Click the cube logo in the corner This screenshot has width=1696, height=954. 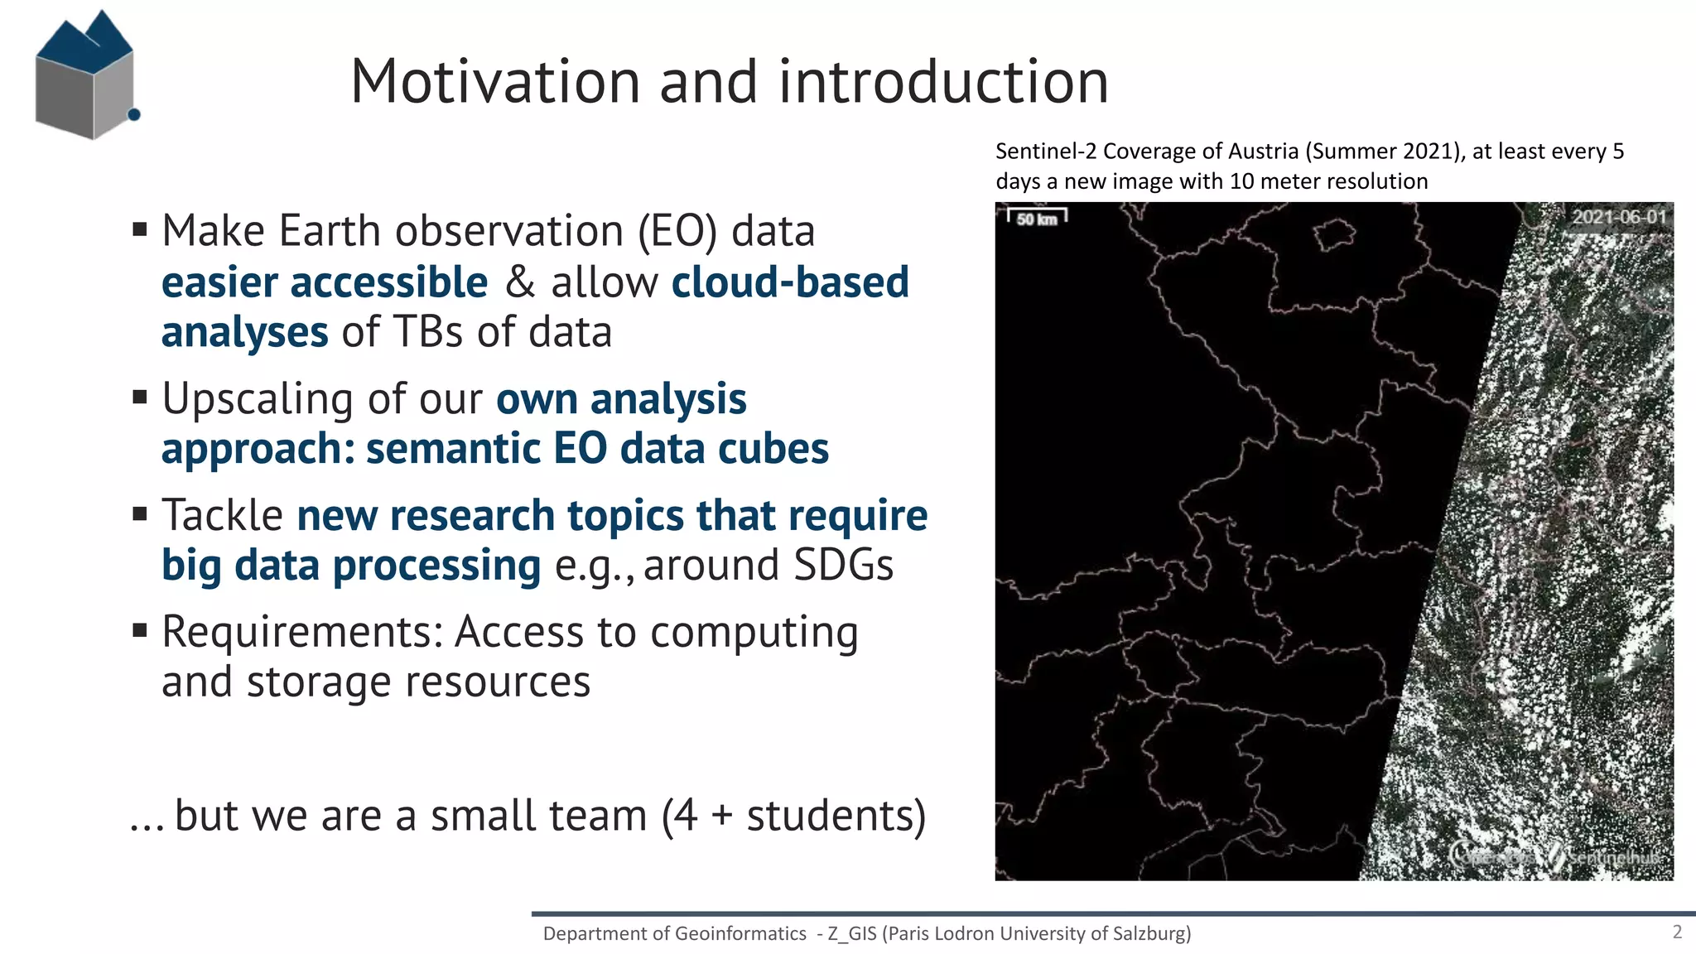(85, 76)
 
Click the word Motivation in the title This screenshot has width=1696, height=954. (495, 82)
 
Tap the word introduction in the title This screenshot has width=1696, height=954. (943, 82)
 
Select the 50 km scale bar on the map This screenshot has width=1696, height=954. (1037, 218)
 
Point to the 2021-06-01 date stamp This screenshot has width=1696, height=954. (1619, 217)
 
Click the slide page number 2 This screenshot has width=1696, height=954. (1677, 932)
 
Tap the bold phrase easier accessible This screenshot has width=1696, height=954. (325, 282)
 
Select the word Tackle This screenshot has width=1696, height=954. (222, 515)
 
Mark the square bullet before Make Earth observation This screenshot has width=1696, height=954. (140, 229)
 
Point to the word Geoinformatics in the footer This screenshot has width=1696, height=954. (740, 933)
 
